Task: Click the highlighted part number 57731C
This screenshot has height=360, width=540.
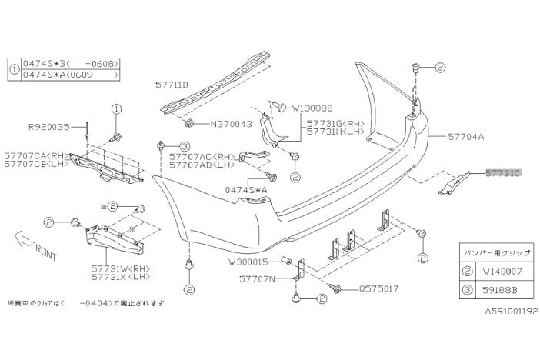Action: tap(503, 174)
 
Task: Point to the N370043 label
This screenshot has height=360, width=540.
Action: tap(230, 124)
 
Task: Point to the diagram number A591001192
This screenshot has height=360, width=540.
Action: tap(510, 313)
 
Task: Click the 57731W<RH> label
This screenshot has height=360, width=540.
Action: tap(115, 268)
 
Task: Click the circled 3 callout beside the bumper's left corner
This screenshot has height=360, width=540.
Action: tap(185, 145)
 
